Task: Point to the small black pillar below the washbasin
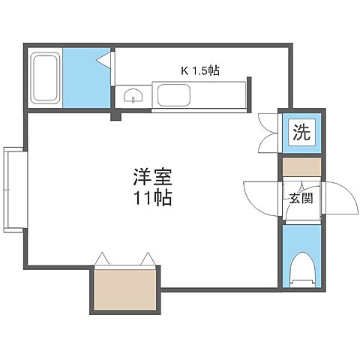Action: (x=115, y=115)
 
